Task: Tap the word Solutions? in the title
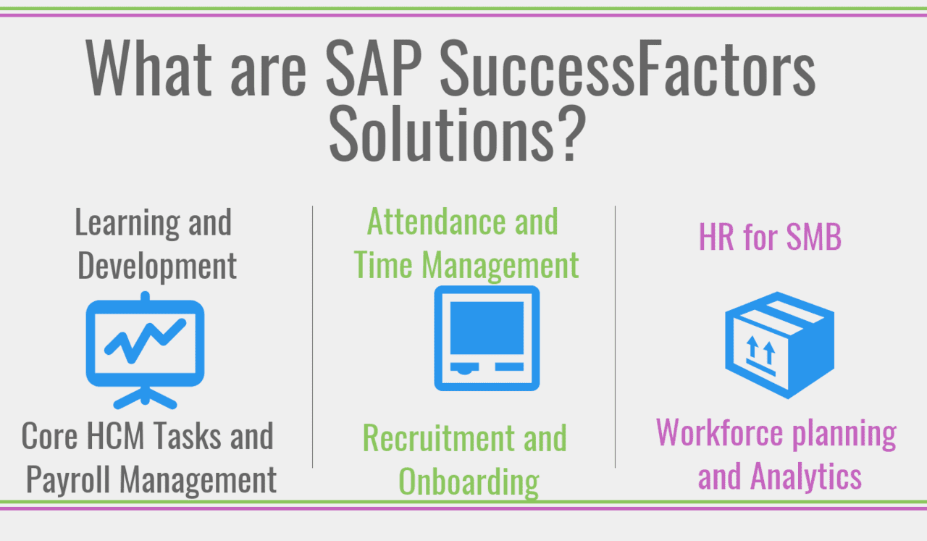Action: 457,135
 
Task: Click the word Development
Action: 157,266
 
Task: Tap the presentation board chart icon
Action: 145,349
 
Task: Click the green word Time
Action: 384,265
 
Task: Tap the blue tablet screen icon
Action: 487,337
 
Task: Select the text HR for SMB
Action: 770,237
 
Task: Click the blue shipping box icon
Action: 779,345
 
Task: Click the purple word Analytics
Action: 805,477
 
